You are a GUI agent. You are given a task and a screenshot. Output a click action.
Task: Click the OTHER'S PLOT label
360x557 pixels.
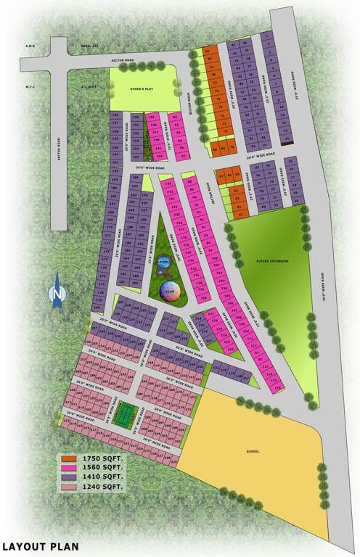[x=143, y=89]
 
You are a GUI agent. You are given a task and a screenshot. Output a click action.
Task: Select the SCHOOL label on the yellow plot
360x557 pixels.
[x=253, y=451]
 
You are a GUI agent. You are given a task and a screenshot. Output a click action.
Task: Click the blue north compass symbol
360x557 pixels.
[x=57, y=293]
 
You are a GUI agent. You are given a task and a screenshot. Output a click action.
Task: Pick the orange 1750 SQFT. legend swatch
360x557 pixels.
[x=70, y=458]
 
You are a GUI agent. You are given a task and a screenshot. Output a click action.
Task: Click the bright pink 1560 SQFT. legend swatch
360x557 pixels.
[x=70, y=468]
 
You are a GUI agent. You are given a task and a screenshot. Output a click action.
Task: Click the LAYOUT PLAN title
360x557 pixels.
[x=39, y=546]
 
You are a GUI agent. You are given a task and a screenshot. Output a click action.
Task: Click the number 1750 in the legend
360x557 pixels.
[x=92, y=458]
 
